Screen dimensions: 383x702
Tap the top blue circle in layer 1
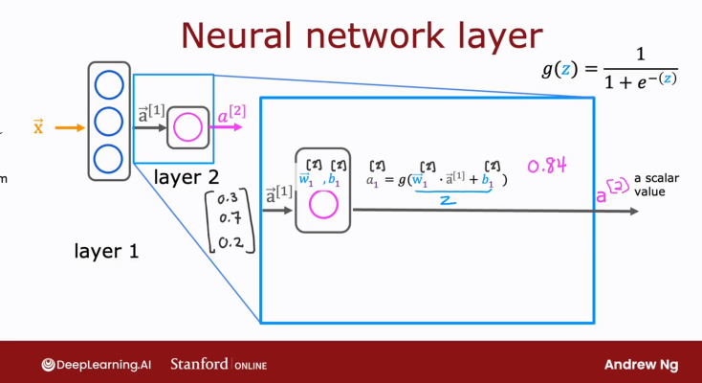click(x=108, y=85)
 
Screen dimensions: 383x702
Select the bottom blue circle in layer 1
click(x=108, y=156)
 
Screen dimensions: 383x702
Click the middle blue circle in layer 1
click(x=108, y=121)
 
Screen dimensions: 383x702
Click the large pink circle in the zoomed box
click(x=322, y=206)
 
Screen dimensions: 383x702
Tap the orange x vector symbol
click(x=38, y=126)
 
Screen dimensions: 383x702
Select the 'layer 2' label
click(x=186, y=177)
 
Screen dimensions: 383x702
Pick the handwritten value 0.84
click(x=546, y=165)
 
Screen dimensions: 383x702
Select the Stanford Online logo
click(x=218, y=365)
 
